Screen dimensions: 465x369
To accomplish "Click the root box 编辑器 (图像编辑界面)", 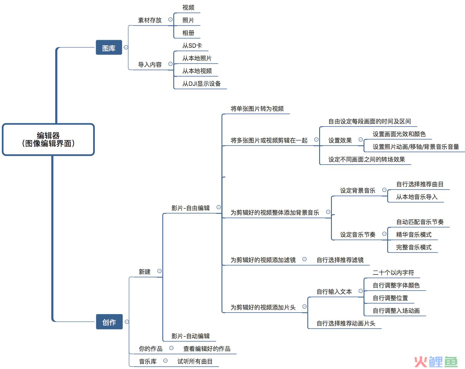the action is point(48,140).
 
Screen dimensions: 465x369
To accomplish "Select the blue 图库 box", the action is point(109,47).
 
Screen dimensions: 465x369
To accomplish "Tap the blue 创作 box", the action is point(109,322).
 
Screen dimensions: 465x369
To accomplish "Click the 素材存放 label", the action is point(150,20).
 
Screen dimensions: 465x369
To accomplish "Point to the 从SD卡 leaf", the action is point(192,46).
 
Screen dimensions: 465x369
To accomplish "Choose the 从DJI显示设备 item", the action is point(201,84).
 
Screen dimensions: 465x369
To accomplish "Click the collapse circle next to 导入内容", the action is point(170,64).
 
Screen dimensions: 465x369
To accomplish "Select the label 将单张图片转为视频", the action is point(257,109).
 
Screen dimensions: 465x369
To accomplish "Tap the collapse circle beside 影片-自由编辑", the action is point(219,207).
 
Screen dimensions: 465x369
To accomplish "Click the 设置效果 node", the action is point(340,140).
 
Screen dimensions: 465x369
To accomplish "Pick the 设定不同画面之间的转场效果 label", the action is point(367,159).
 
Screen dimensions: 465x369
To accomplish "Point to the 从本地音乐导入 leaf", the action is point(417,197).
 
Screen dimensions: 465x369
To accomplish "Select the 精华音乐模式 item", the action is point(414,235).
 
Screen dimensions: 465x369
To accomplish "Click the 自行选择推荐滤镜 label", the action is point(340,260).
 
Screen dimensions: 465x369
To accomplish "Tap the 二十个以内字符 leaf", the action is point(393,273).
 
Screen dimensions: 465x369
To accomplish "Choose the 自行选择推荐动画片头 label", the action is point(346,323).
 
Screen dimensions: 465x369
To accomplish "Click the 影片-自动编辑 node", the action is point(191,336).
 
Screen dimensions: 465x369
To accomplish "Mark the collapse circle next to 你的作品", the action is point(171,348).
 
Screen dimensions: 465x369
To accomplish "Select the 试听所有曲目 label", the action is point(195,361).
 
